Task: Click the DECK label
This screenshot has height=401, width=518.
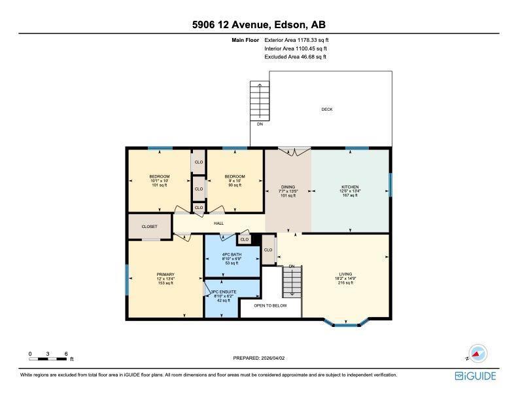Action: pyautogui.click(x=326, y=109)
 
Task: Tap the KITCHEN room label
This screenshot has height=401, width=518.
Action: pyautogui.click(x=350, y=187)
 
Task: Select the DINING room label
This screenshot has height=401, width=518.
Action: pyautogui.click(x=288, y=187)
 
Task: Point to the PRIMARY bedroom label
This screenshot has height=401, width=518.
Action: pyautogui.click(x=165, y=275)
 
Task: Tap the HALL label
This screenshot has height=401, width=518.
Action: pyautogui.click(x=218, y=223)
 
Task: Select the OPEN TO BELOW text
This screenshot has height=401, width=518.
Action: pyautogui.click(x=270, y=305)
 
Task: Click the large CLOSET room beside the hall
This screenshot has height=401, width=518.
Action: pyautogui.click(x=150, y=227)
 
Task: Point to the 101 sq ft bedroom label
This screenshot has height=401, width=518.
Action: pyautogui.click(x=160, y=177)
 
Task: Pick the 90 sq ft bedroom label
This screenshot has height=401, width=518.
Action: pyautogui.click(x=235, y=177)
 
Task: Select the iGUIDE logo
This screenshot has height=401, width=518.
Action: pyautogui.click(x=475, y=376)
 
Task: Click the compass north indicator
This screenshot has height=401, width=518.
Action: pyautogui.click(x=478, y=353)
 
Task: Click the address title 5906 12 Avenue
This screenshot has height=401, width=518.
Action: pyautogui.click(x=259, y=26)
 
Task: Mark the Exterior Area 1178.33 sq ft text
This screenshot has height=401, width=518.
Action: pyautogui.click(x=295, y=40)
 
